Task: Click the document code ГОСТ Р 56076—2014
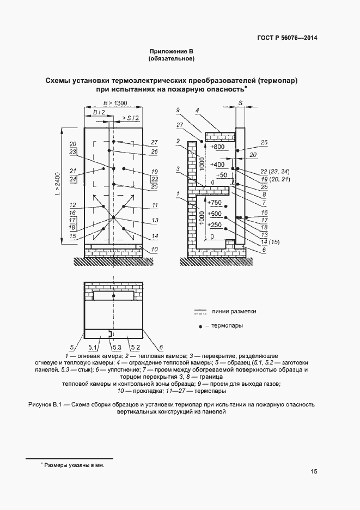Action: tap(287, 38)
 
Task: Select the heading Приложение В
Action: tap(172, 51)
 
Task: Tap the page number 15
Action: tap(314, 471)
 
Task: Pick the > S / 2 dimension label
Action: tap(130, 118)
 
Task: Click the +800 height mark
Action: tap(217, 147)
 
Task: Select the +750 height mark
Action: tap(215, 203)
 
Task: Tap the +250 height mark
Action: tap(215, 224)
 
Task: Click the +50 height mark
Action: tap(221, 175)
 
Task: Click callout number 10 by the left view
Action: tap(154, 249)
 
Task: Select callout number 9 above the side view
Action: tap(178, 110)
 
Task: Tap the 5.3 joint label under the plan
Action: tap(116, 347)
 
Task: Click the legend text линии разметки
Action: tap(234, 312)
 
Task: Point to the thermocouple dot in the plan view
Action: tap(113, 296)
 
